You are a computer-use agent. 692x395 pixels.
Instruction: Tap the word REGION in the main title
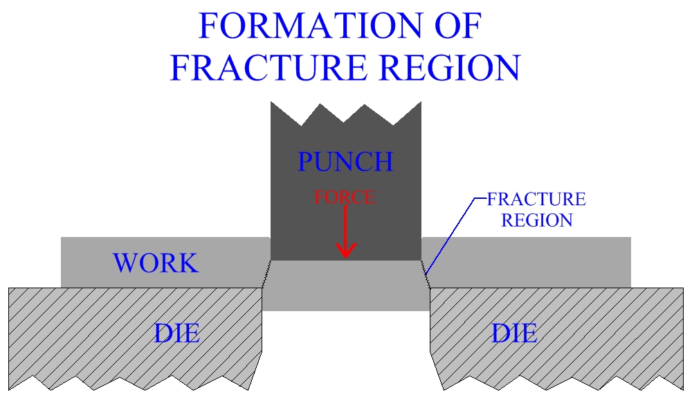tap(450, 67)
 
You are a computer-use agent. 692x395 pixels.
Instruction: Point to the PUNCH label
tap(345, 161)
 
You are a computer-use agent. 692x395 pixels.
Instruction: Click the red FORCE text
tap(345, 197)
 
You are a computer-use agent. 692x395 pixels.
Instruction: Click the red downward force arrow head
tap(345, 250)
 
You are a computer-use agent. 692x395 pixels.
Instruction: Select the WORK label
tap(156, 263)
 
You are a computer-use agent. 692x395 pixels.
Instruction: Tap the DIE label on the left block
tap(177, 334)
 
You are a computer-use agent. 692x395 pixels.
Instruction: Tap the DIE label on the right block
tap(515, 334)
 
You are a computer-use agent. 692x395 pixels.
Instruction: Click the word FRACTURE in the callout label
tap(536, 200)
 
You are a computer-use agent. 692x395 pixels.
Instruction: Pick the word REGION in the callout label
tap(537, 221)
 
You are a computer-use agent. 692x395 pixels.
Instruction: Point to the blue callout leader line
tap(453, 229)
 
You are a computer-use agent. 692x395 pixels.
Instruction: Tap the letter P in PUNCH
tap(307, 161)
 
